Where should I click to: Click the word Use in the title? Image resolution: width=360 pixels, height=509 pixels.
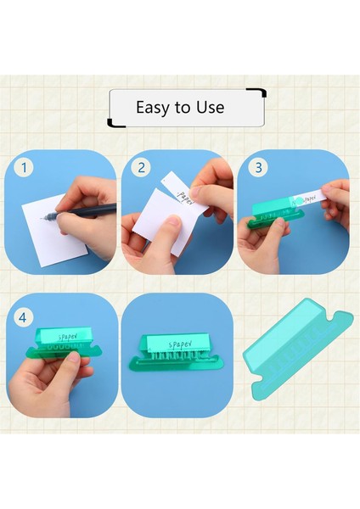pos(210,107)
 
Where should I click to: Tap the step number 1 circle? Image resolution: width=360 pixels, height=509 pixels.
pos(24,168)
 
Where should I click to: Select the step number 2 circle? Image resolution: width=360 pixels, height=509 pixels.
pos(141,167)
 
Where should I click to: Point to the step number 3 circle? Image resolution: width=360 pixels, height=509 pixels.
pos(258,167)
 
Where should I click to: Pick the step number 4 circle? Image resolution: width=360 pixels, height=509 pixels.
pos(22,317)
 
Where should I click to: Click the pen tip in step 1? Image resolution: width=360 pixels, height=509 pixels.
pos(42,219)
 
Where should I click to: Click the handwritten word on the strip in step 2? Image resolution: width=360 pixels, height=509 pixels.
pos(184,198)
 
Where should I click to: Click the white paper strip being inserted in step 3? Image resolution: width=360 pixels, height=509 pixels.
pos(310,198)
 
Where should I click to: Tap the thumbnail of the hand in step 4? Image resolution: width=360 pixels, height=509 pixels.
pos(74,357)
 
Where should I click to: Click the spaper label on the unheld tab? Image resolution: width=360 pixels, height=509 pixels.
pos(181,344)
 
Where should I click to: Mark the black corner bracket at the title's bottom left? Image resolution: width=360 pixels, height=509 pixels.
pos(116,122)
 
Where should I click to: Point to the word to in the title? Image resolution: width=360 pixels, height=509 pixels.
pos(185,108)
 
